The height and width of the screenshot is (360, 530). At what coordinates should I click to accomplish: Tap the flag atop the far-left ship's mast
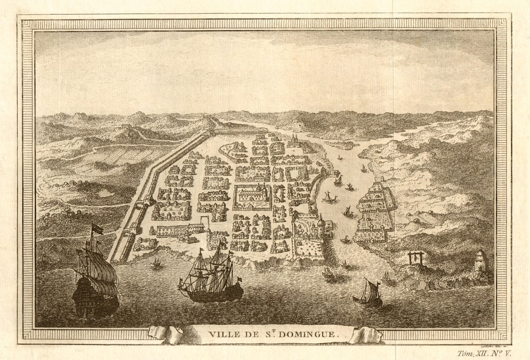click(97, 229)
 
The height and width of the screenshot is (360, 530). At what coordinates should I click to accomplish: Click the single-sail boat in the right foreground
click(369, 294)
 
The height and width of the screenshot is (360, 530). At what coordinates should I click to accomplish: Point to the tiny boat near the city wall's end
click(156, 263)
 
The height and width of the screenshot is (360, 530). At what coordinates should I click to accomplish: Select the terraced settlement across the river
click(377, 210)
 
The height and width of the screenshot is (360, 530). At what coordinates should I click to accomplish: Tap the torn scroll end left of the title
click(166, 333)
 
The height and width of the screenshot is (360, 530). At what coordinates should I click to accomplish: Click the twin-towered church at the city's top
click(293, 141)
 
